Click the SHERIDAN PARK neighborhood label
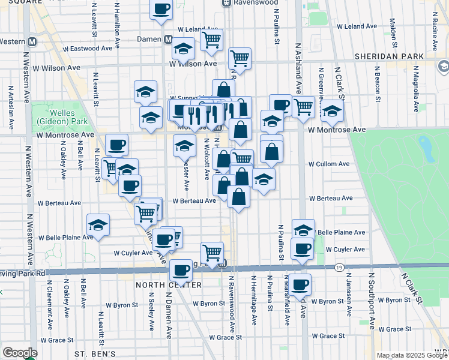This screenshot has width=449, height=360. [x=389, y=55]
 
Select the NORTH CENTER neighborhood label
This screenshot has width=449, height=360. [x=160, y=284]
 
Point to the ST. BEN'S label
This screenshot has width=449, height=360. [x=95, y=355]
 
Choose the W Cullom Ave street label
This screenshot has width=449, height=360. [x=328, y=164]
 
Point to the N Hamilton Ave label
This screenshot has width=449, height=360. [x=118, y=24]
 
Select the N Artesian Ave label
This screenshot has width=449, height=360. [x=10, y=108]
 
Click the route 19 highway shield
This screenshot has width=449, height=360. [x=340, y=267]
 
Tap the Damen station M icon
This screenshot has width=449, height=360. [x=170, y=40]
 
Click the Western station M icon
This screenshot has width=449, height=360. [x=32, y=41]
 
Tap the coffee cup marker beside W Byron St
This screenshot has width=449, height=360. [x=301, y=284]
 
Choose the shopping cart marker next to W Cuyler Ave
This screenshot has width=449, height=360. [x=212, y=251]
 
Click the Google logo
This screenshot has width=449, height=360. [x=20, y=353]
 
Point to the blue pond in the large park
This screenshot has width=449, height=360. [x=426, y=145]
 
